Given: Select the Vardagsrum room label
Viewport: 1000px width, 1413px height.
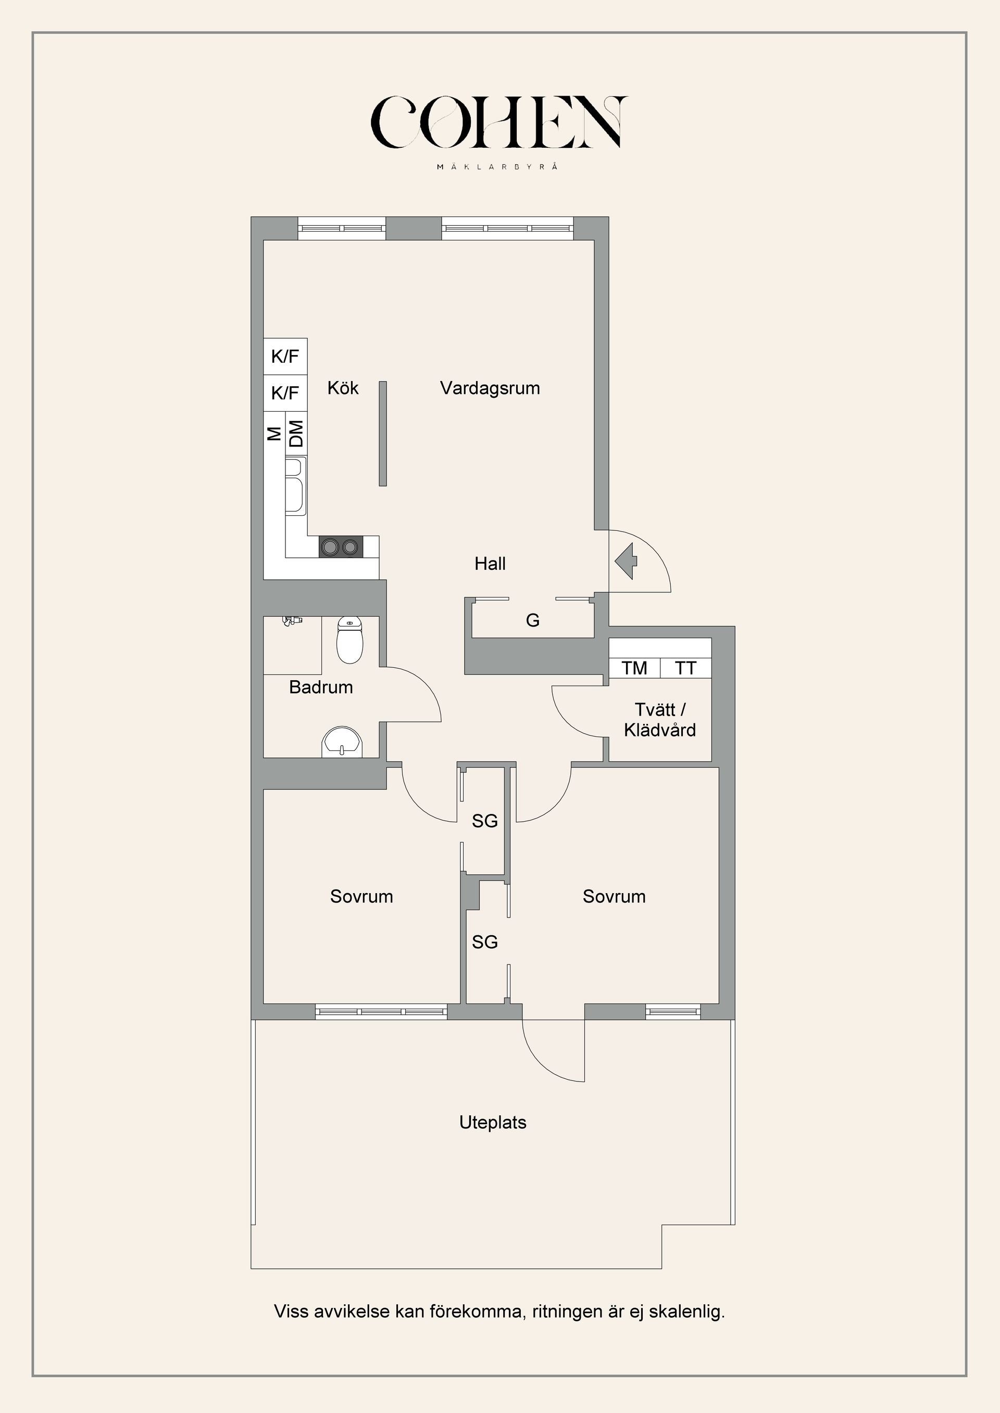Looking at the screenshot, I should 490,388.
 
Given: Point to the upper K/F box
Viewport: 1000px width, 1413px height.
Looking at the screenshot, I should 285,357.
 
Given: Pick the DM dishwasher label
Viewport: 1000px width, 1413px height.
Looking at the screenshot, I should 297,434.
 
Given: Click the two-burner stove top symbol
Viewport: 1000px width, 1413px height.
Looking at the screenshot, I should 341,546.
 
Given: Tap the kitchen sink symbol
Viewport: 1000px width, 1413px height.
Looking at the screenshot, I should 295,486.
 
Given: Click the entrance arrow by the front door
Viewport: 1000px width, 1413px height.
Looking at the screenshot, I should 626,561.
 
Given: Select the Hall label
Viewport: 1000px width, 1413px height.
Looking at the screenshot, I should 490,564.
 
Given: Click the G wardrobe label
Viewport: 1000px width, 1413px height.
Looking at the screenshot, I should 533,620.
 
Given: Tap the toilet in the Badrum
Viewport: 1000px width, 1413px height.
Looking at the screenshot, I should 350,641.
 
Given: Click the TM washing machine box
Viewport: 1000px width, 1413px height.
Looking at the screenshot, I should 634,668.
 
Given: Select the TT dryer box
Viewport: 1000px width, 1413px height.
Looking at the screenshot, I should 685,668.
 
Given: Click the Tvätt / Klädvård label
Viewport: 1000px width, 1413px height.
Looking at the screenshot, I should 659,720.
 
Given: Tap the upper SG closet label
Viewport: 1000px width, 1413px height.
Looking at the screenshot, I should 484,821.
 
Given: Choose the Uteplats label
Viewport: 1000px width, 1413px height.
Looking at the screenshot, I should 493,1123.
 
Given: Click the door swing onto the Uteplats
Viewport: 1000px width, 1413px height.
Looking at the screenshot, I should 553,1052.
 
